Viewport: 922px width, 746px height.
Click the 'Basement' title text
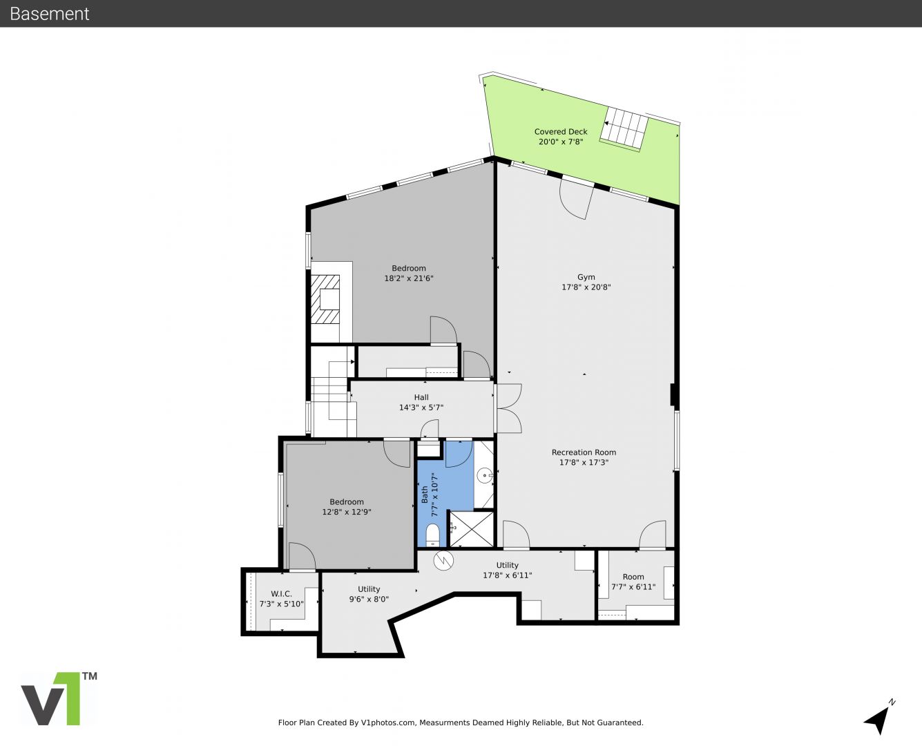(49, 14)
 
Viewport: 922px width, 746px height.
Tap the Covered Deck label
(561, 131)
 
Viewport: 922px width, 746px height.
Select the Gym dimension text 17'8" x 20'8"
(586, 287)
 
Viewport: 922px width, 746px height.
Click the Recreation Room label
(584, 452)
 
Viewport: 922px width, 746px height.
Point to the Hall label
(421, 397)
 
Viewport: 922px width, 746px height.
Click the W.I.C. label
(281, 593)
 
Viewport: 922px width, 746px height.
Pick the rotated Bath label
(425, 494)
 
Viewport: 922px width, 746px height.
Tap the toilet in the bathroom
(433, 535)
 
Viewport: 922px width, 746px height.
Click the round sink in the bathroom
(484, 476)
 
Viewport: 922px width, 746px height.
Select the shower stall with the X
(472, 528)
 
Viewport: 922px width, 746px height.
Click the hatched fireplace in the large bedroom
(325, 300)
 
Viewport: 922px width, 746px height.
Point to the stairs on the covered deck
(624, 128)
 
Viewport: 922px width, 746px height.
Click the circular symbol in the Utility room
(443, 560)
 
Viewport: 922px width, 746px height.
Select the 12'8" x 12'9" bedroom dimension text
(346, 512)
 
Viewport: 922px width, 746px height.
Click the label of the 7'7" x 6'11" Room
(633, 577)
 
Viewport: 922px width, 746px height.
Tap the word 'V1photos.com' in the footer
(388, 723)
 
